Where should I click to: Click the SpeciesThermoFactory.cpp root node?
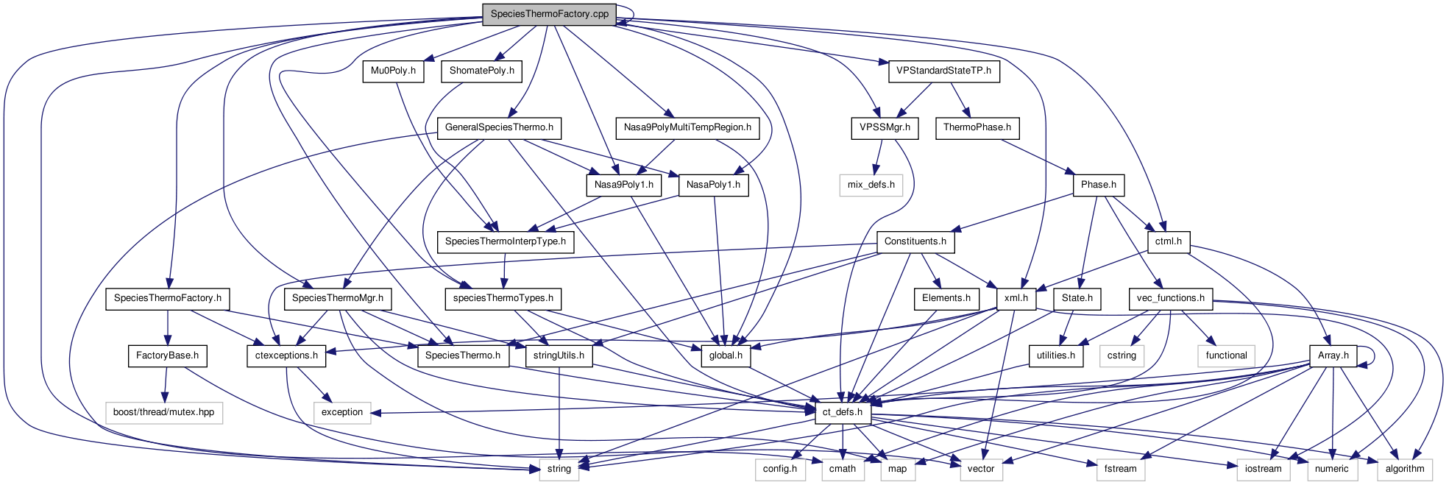pos(549,14)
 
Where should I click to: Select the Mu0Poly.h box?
pos(393,71)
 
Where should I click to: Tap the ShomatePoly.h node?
pos(481,71)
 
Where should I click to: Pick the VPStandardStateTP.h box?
pos(943,71)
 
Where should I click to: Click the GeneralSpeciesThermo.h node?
pos(499,127)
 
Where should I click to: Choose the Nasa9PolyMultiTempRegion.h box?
pos(687,127)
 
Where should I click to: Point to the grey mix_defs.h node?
pos(871,185)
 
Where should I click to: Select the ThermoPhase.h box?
pos(977,127)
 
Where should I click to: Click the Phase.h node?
pos(1098,185)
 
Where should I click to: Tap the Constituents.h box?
pos(915,241)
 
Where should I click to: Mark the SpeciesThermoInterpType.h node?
pos(505,241)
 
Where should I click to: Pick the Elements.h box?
pos(946,298)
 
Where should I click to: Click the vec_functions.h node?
pos(1170,298)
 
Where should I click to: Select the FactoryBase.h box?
pos(167,355)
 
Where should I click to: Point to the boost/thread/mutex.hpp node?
pos(163,412)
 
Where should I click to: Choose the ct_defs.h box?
pos(842,412)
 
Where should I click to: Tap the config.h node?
pos(779,469)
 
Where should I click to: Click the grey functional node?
pos(1226,355)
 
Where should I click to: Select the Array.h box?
pos(1333,355)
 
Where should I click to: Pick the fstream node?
pos(1120,469)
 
